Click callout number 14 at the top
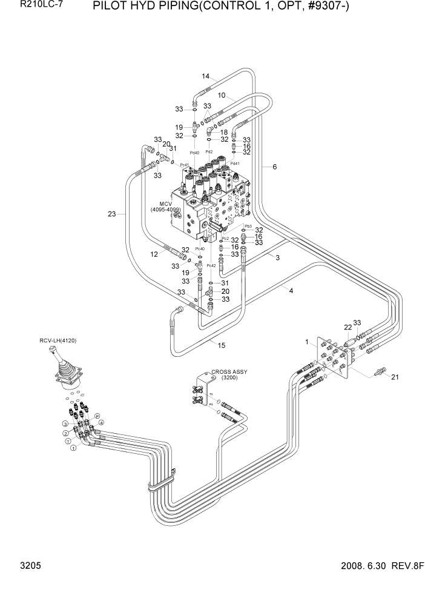(x=206, y=76)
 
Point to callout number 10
(x=222, y=95)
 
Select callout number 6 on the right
(x=274, y=167)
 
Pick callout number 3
(x=277, y=258)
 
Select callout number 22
(x=348, y=327)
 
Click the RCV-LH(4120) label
(x=59, y=340)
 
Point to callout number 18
(x=224, y=132)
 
